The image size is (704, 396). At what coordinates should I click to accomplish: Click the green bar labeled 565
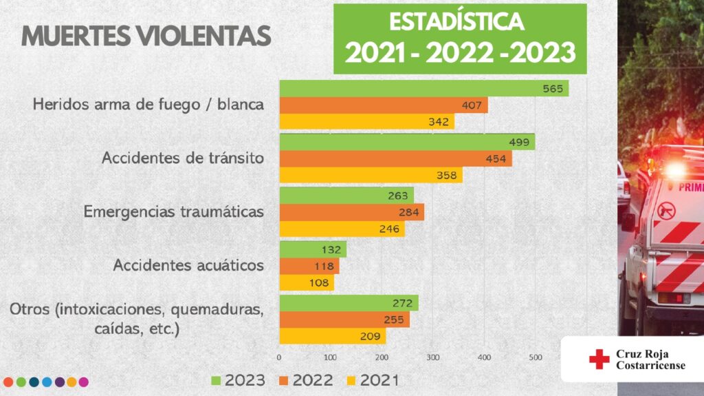(423, 88)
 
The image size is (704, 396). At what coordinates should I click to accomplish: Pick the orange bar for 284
(351, 211)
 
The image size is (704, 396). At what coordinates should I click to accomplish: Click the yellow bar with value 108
(306, 282)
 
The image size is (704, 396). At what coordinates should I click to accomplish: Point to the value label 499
(518, 142)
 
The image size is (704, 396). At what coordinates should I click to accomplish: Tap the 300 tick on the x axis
(433, 357)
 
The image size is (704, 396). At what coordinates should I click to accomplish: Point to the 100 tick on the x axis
(331, 357)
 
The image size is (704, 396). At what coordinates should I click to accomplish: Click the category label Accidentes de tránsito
(183, 158)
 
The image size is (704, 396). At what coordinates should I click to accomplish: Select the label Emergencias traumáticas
(174, 211)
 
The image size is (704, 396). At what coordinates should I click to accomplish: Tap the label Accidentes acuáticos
(188, 264)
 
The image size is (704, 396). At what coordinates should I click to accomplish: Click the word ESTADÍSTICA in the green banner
(456, 21)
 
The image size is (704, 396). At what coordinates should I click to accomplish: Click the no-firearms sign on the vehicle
(666, 209)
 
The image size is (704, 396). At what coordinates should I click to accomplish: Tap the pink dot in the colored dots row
(83, 381)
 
